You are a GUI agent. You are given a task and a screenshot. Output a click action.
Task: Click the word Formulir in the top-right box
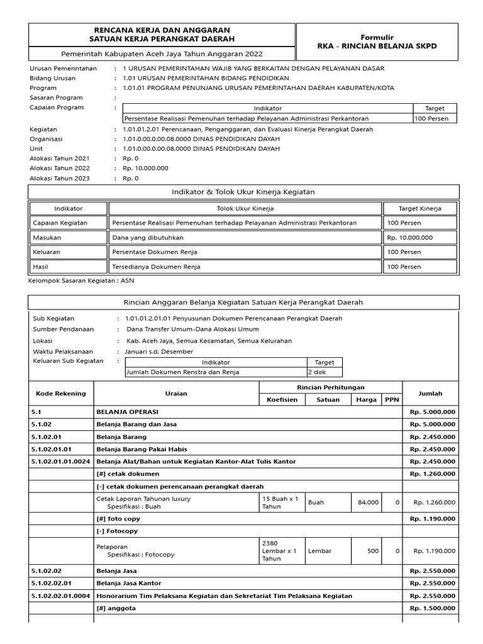click(377, 37)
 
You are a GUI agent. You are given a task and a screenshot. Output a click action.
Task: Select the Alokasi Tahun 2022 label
click(60, 169)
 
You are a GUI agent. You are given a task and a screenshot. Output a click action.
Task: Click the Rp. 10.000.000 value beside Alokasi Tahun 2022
click(145, 169)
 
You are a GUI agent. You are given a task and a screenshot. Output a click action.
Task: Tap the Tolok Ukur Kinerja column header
click(245, 208)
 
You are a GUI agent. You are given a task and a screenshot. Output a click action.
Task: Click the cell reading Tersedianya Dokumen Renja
click(156, 267)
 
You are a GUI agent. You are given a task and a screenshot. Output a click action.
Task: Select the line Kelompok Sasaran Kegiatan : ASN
click(82, 280)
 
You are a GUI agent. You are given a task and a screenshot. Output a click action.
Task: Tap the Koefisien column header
click(282, 399)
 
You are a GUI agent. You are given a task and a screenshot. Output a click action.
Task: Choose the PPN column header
click(391, 399)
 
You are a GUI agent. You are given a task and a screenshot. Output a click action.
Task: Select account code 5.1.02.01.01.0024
click(60, 462)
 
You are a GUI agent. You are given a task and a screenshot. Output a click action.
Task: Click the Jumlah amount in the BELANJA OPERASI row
click(433, 412)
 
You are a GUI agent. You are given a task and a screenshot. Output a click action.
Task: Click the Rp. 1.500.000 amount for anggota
click(433, 608)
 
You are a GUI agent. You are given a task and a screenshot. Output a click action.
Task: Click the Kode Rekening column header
click(61, 394)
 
